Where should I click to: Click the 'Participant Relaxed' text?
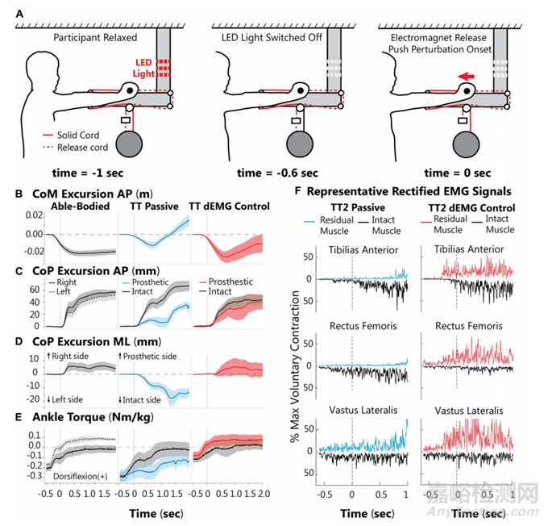tap(93, 38)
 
